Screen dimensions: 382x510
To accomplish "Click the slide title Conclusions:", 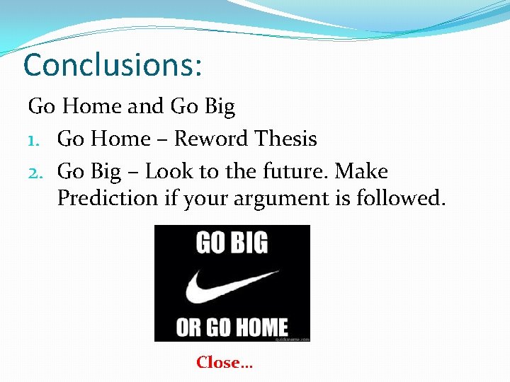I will point(113,65).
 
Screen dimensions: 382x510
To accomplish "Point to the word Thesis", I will point(285,139).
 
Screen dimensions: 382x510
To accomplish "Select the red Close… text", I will point(225,363).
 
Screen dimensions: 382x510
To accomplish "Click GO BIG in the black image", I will point(232,243).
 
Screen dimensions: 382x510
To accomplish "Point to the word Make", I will point(361,171).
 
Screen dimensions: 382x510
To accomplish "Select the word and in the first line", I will point(145,107).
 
